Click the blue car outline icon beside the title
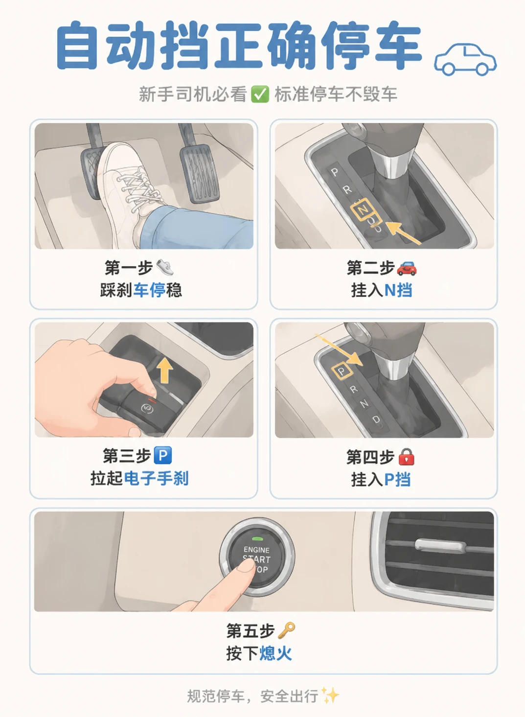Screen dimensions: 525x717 point(465,60)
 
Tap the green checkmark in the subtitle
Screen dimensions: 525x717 point(260,94)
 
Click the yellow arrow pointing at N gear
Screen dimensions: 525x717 point(403,233)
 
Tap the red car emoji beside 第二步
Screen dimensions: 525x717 point(407,268)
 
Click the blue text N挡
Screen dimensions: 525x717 point(398,290)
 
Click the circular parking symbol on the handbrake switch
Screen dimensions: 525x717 point(146,408)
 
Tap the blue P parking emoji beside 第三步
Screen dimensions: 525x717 point(163,456)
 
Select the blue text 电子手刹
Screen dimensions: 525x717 point(156,479)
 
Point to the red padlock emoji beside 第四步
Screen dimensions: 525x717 point(406,457)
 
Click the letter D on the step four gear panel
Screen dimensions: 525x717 point(376,419)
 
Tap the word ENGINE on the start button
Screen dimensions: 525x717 point(256,550)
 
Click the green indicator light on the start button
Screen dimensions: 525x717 point(257,539)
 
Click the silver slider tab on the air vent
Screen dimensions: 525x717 point(438,545)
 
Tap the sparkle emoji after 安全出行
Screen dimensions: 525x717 point(330,695)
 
